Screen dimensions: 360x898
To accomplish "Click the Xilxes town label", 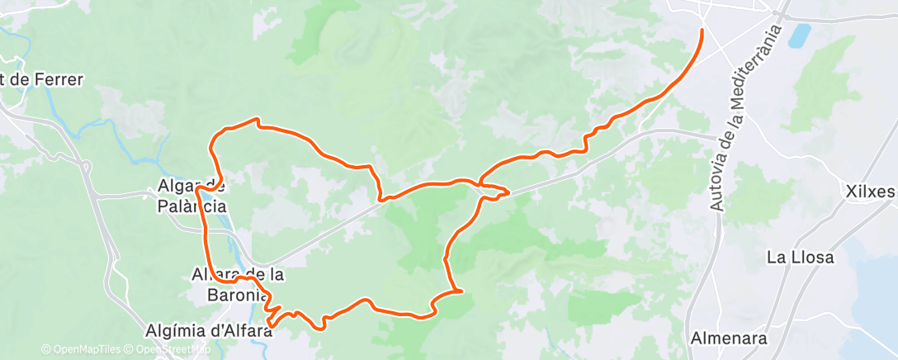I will pyautogui.click(x=870, y=192).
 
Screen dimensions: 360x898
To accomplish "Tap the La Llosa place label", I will pyautogui.click(x=800, y=257).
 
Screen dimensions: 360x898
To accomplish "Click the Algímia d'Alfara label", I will pyautogui.click(x=208, y=330).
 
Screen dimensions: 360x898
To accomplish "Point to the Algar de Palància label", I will pyautogui.click(x=191, y=197).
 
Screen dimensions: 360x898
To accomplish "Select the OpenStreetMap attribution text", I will pyautogui.click(x=170, y=349).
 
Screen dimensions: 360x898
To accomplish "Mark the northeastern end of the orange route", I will pyautogui.click(x=702, y=31).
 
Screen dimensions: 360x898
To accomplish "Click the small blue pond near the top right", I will pyautogui.click(x=799, y=36).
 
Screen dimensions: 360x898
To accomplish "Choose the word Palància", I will pyautogui.click(x=191, y=207).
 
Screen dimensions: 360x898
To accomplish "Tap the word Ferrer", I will pyautogui.click(x=60, y=80).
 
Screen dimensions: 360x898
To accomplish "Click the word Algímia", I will pyautogui.click(x=175, y=330).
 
